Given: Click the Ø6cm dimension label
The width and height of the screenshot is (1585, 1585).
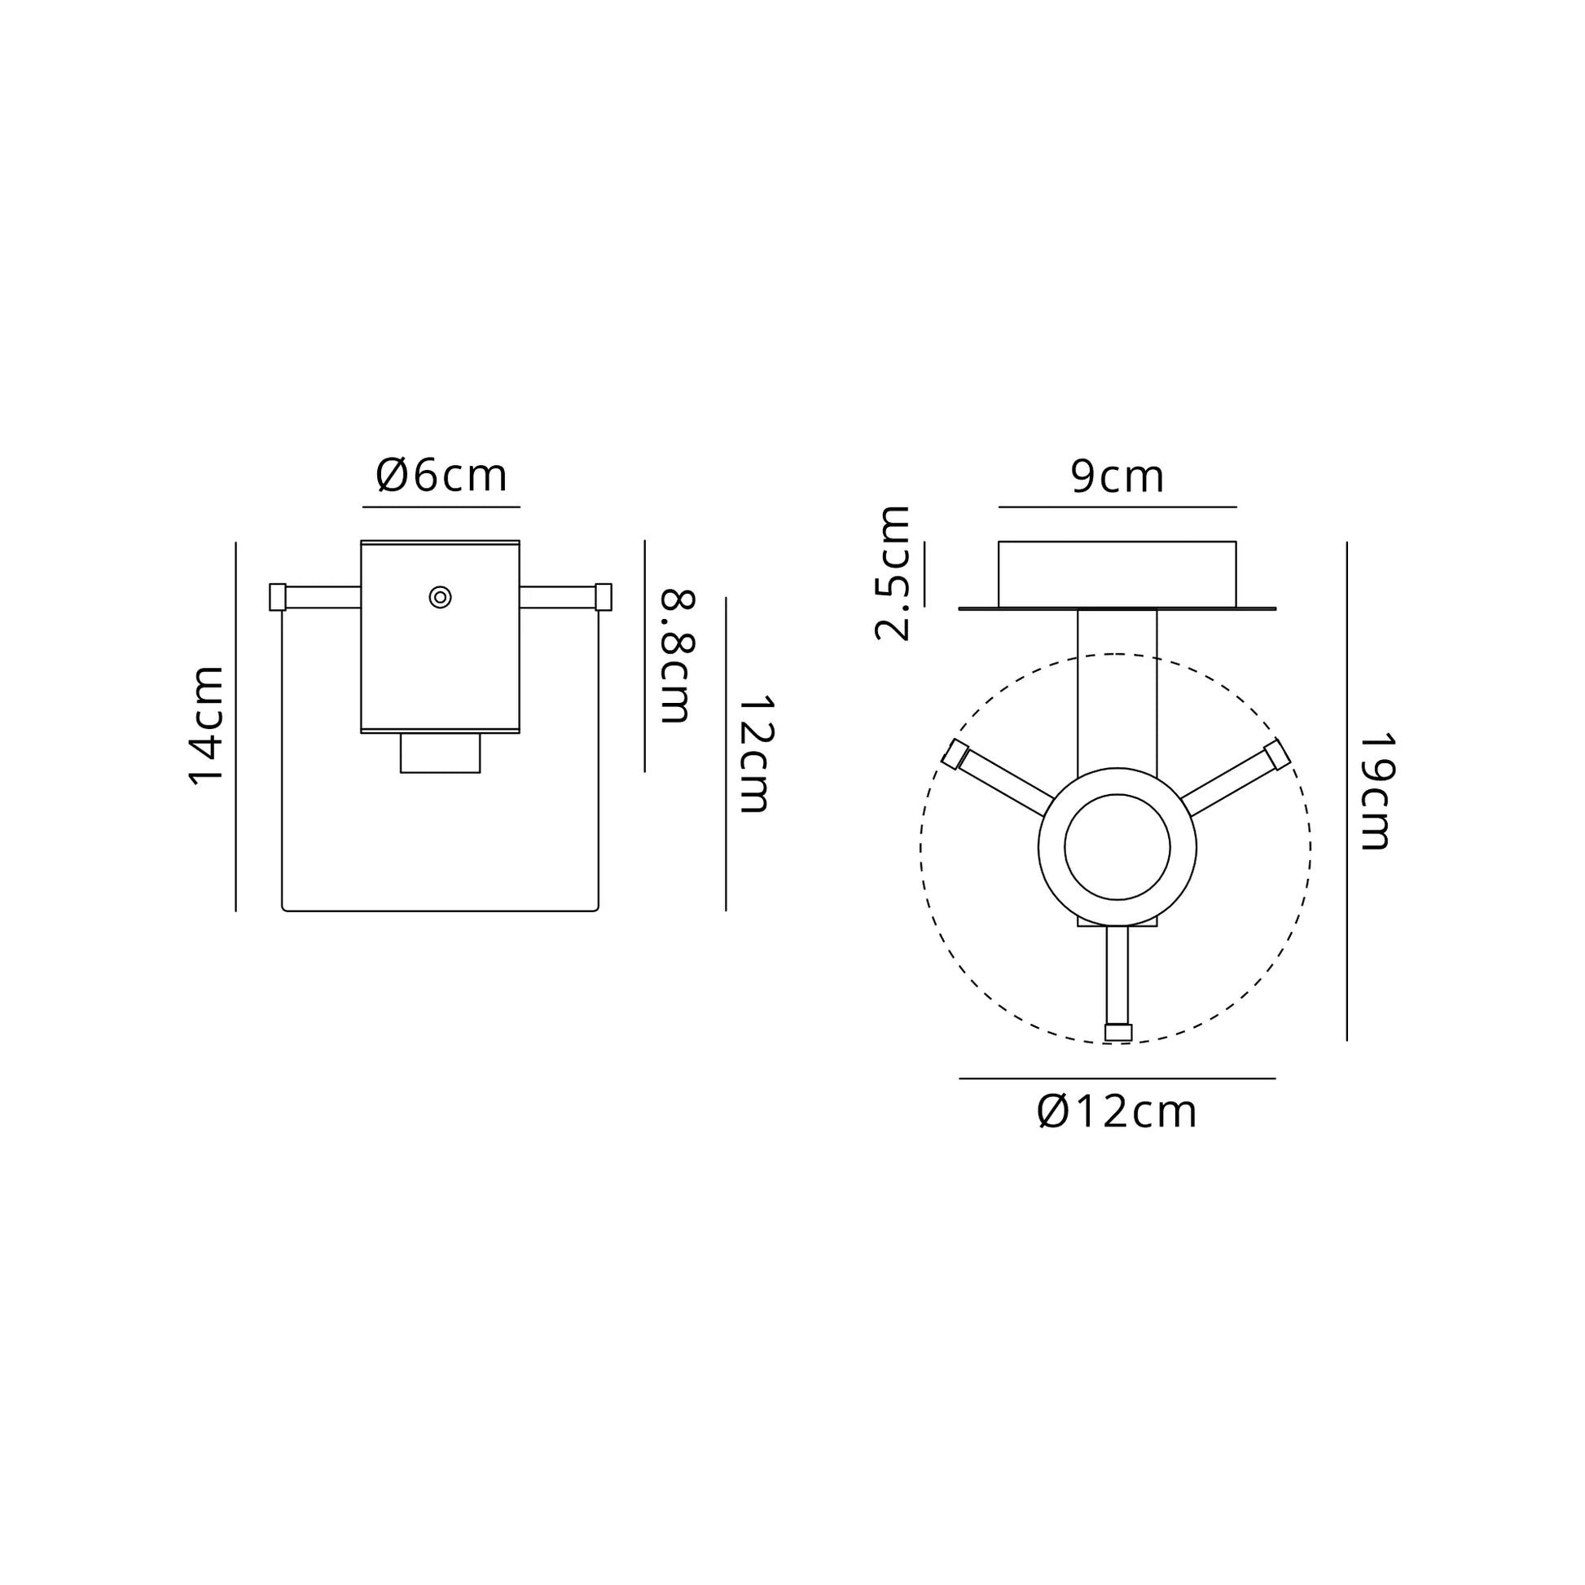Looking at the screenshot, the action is click(441, 476).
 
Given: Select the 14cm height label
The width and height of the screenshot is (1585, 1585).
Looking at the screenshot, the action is click(207, 726).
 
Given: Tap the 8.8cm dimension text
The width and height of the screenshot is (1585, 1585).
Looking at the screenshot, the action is click(678, 656).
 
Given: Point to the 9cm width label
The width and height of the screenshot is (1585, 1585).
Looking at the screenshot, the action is click(1117, 476).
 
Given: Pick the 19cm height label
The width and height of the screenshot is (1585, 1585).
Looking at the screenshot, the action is click(1376, 791).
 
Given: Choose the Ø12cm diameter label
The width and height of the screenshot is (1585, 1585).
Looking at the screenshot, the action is click(1117, 1112).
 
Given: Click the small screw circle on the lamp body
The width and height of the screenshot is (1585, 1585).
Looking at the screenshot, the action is click(441, 597).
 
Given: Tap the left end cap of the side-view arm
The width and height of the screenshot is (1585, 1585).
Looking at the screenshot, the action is click(277, 597).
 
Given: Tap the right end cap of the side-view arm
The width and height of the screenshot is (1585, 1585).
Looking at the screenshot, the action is click(603, 597).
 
